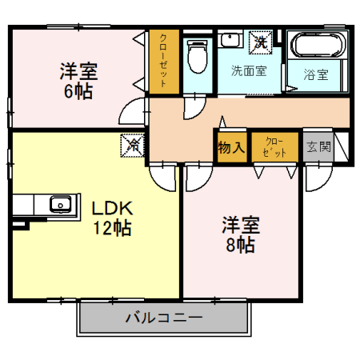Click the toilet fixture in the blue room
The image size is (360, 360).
point(194,55)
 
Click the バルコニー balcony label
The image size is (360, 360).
point(163,318)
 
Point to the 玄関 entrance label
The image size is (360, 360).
point(318,147)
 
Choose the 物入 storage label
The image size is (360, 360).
point(230,147)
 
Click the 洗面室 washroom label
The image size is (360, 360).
point(248,70)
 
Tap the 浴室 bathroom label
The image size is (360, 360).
point(315,75)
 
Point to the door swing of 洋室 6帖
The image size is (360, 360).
point(136,112)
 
